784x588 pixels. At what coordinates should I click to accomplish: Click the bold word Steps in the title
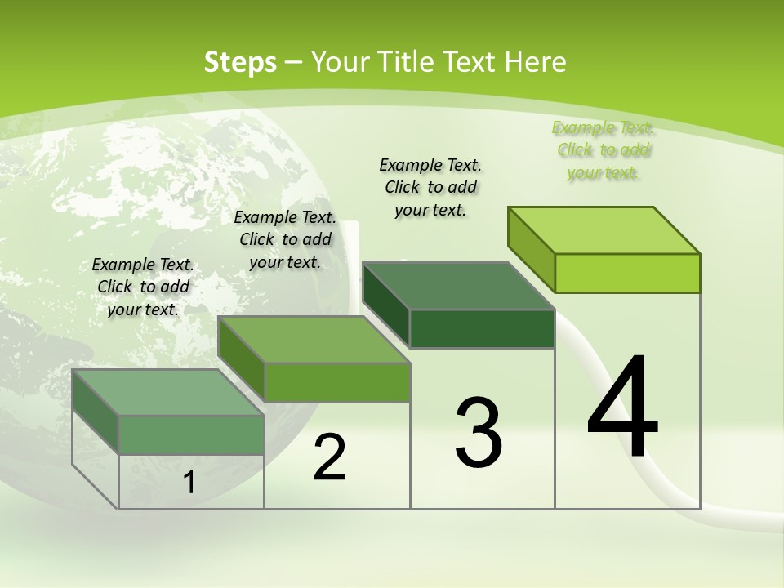(x=239, y=62)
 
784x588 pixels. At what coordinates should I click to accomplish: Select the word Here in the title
(x=536, y=62)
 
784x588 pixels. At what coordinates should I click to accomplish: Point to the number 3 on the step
(x=479, y=432)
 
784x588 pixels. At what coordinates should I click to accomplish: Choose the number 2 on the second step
(x=329, y=457)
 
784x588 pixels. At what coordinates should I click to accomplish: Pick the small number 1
(x=189, y=483)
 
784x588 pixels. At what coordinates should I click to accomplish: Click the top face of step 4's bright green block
(x=604, y=229)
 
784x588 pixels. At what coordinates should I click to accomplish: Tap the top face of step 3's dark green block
(x=458, y=286)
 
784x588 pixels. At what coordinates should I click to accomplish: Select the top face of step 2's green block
(x=314, y=339)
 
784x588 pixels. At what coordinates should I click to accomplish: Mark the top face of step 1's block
(x=168, y=392)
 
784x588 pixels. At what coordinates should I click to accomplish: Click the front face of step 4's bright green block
(x=627, y=273)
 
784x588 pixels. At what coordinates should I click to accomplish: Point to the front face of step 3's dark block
(x=482, y=329)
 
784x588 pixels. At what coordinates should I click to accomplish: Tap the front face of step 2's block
(x=337, y=382)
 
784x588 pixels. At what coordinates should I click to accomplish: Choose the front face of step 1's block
(x=192, y=434)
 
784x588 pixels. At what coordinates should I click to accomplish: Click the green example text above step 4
(x=603, y=150)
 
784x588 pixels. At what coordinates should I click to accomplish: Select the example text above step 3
(x=430, y=187)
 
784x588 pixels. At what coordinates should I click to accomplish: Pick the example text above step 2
(x=285, y=239)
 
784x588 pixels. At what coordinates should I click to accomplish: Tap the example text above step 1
(x=143, y=287)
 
